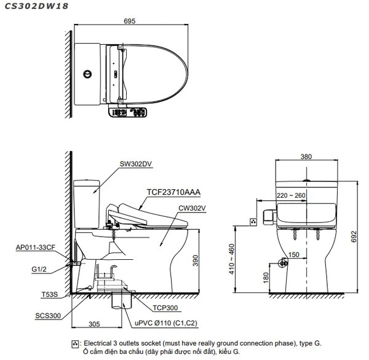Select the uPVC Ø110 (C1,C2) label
click(x=159, y=321)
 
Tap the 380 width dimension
click(x=306, y=157)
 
